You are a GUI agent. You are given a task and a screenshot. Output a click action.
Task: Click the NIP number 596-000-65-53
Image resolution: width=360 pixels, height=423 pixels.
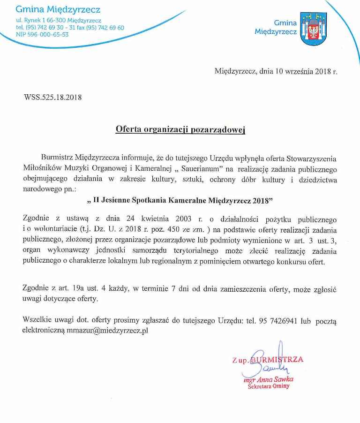42,35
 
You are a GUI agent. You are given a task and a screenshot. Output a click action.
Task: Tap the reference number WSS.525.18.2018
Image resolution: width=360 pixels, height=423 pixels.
52,98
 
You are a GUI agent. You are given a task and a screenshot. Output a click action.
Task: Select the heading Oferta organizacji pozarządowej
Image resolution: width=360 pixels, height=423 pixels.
180,130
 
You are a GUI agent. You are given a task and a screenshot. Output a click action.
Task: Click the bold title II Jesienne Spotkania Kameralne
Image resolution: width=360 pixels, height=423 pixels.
180,201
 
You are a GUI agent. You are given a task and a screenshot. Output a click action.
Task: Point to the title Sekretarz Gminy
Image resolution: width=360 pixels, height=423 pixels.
269,386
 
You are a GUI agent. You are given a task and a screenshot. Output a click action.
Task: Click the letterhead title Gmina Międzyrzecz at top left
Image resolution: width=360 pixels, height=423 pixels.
58,9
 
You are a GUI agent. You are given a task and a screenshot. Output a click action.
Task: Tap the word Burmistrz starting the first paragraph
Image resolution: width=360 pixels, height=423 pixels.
57,158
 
